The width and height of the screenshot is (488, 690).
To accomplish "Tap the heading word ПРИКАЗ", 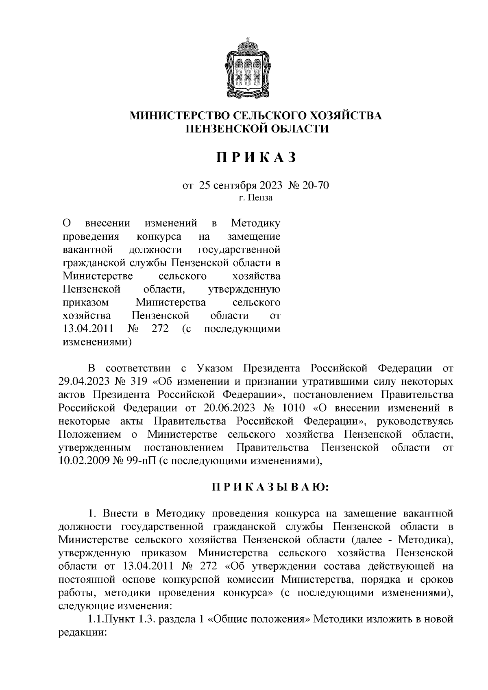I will click(x=256, y=157).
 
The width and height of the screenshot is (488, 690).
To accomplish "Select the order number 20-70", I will click(x=315, y=186).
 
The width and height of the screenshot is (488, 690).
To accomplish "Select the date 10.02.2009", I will click(x=83, y=461).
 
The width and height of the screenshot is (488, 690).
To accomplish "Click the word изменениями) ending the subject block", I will click(x=97, y=342).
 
